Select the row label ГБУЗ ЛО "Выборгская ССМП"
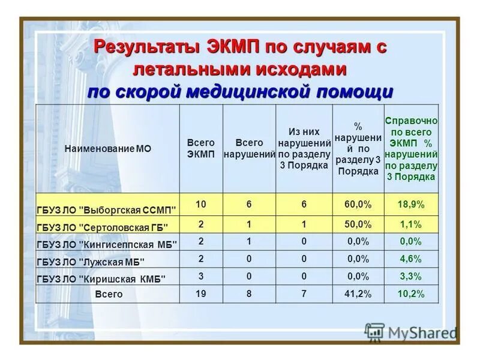click(x=107, y=210)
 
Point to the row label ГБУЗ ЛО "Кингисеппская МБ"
click(x=107, y=245)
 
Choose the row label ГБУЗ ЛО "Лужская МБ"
click(x=91, y=262)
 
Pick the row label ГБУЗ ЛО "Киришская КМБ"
click(x=101, y=278)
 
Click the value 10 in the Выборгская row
click(x=200, y=205)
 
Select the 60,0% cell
click(x=358, y=205)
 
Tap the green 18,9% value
click(x=411, y=205)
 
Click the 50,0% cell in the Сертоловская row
click(x=358, y=224)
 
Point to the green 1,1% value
click(x=411, y=224)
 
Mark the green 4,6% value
click(x=411, y=259)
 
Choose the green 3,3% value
click(x=411, y=276)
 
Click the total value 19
click(x=200, y=294)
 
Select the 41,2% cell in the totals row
click(x=358, y=294)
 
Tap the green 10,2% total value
click(x=411, y=294)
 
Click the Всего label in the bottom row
click(x=109, y=295)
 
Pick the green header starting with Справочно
click(x=411, y=148)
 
